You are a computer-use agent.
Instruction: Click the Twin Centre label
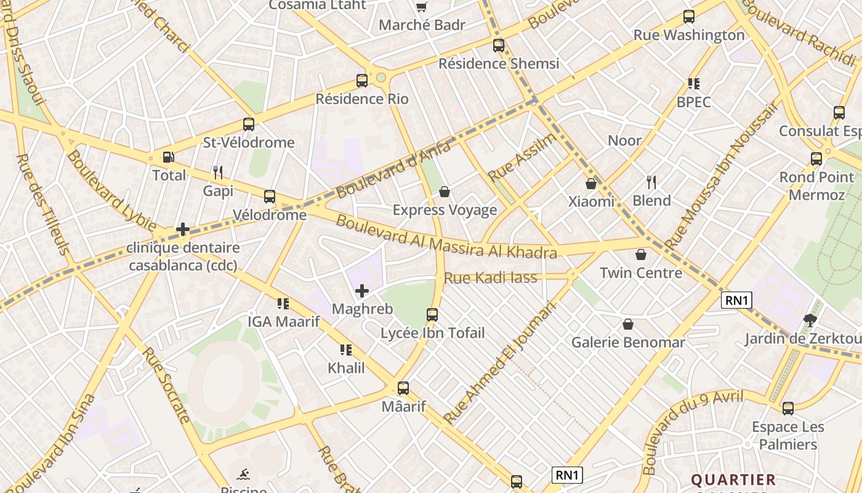[x=641, y=273]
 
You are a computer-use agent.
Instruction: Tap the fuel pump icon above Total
[x=168, y=158]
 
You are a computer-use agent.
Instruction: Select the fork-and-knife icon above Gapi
[x=218, y=172]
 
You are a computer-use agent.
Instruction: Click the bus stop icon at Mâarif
[x=403, y=388]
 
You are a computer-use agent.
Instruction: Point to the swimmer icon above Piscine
[x=244, y=475]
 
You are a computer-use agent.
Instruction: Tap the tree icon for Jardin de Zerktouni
[x=810, y=320]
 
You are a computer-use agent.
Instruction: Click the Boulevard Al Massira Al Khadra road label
[x=446, y=237]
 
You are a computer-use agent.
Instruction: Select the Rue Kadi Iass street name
[x=490, y=278]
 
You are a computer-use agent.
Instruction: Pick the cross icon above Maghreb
[x=362, y=290]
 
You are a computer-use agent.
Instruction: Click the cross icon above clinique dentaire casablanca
[x=183, y=229]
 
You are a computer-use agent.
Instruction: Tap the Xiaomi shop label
[x=591, y=202]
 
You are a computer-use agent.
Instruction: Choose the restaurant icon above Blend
[x=651, y=182]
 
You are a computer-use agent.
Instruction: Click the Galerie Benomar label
[x=628, y=343]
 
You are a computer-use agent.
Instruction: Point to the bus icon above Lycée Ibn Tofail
[x=432, y=315]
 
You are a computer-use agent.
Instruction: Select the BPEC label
[x=693, y=102]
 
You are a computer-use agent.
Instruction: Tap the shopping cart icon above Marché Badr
[x=422, y=7]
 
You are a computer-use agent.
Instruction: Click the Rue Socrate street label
[x=166, y=385]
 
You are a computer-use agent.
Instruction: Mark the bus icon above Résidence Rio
[x=362, y=81]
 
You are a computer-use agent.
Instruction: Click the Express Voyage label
[x=445, y=210]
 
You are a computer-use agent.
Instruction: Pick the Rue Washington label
[x=689, y=35]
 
